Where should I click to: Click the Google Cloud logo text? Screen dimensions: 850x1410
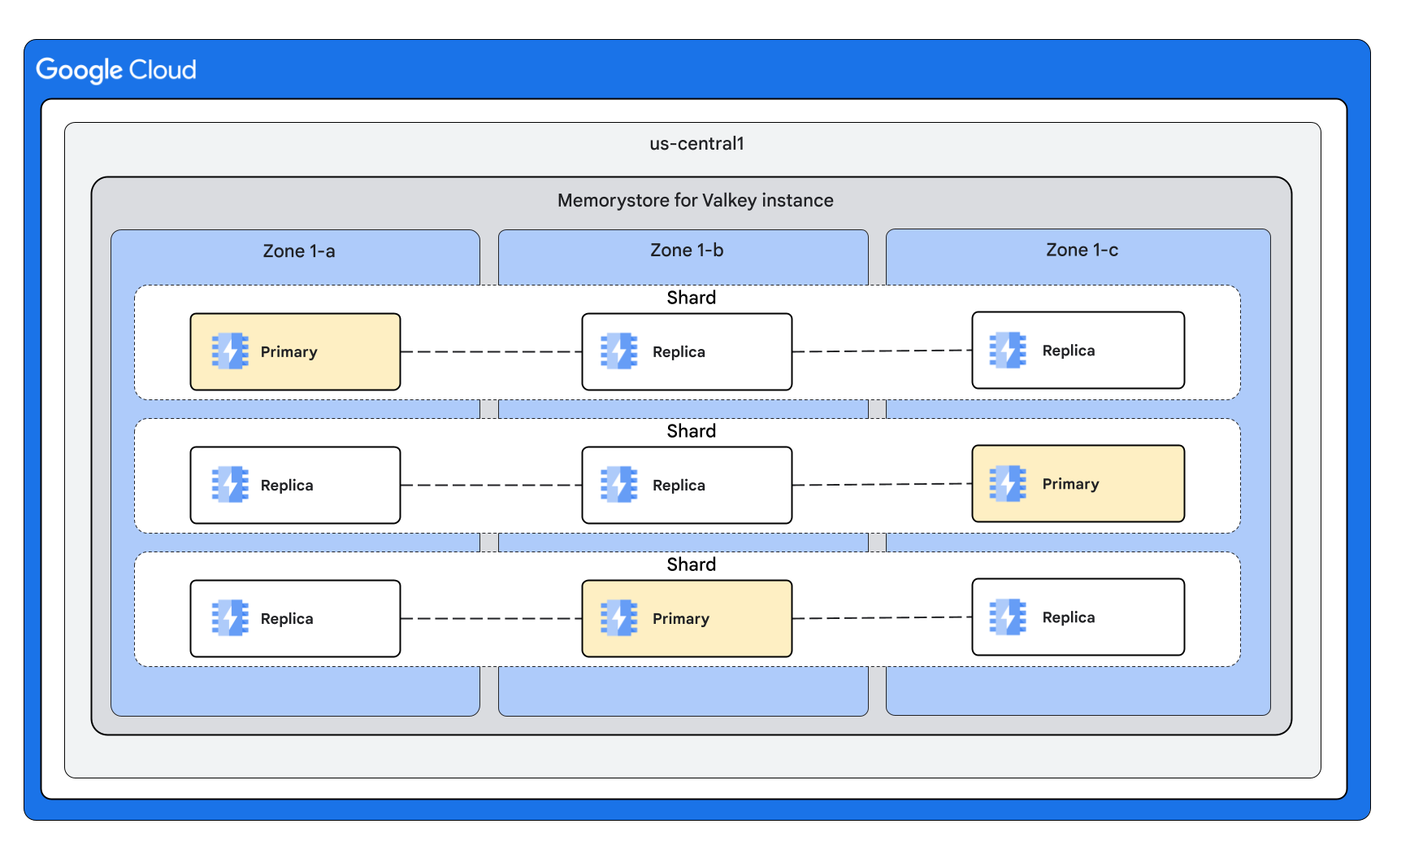(x=116, y=70)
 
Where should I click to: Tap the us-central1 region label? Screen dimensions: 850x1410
(x=696, y=144)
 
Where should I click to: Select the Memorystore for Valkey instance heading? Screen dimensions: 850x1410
(x=695, y=200)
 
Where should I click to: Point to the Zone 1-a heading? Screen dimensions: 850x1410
(x=298, y=251)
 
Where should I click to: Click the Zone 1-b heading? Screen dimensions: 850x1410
(x=686, y=251)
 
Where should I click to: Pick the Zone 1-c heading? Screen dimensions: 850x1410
(x=1081, y=251)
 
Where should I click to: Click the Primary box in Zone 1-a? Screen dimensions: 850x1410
(x=295, y=351)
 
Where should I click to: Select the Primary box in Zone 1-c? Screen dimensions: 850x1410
(x=1078, y=483)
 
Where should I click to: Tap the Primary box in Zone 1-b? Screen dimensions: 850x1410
(x=687, y=618)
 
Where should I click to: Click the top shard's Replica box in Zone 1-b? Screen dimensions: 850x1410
(x=687, y=351)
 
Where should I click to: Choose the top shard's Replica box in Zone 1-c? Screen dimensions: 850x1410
(x=1078, y=350)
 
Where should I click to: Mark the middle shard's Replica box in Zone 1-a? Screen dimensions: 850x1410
(x=295, y=485)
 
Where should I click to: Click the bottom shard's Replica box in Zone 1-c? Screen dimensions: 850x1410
(x=1078, y=617)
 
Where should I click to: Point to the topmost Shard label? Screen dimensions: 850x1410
(x=691, y=298)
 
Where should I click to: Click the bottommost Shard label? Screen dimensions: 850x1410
(x=691, y=564)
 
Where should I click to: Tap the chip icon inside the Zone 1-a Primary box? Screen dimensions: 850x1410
(x=230, y=351)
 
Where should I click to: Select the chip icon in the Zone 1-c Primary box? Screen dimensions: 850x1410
(x=1008, y=483)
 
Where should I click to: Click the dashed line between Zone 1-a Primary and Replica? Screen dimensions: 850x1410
(x=491, y=351)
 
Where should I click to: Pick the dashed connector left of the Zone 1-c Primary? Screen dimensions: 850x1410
(x=882, y=484)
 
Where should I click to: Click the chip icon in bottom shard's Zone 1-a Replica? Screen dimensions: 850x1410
(x=230, y=618)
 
